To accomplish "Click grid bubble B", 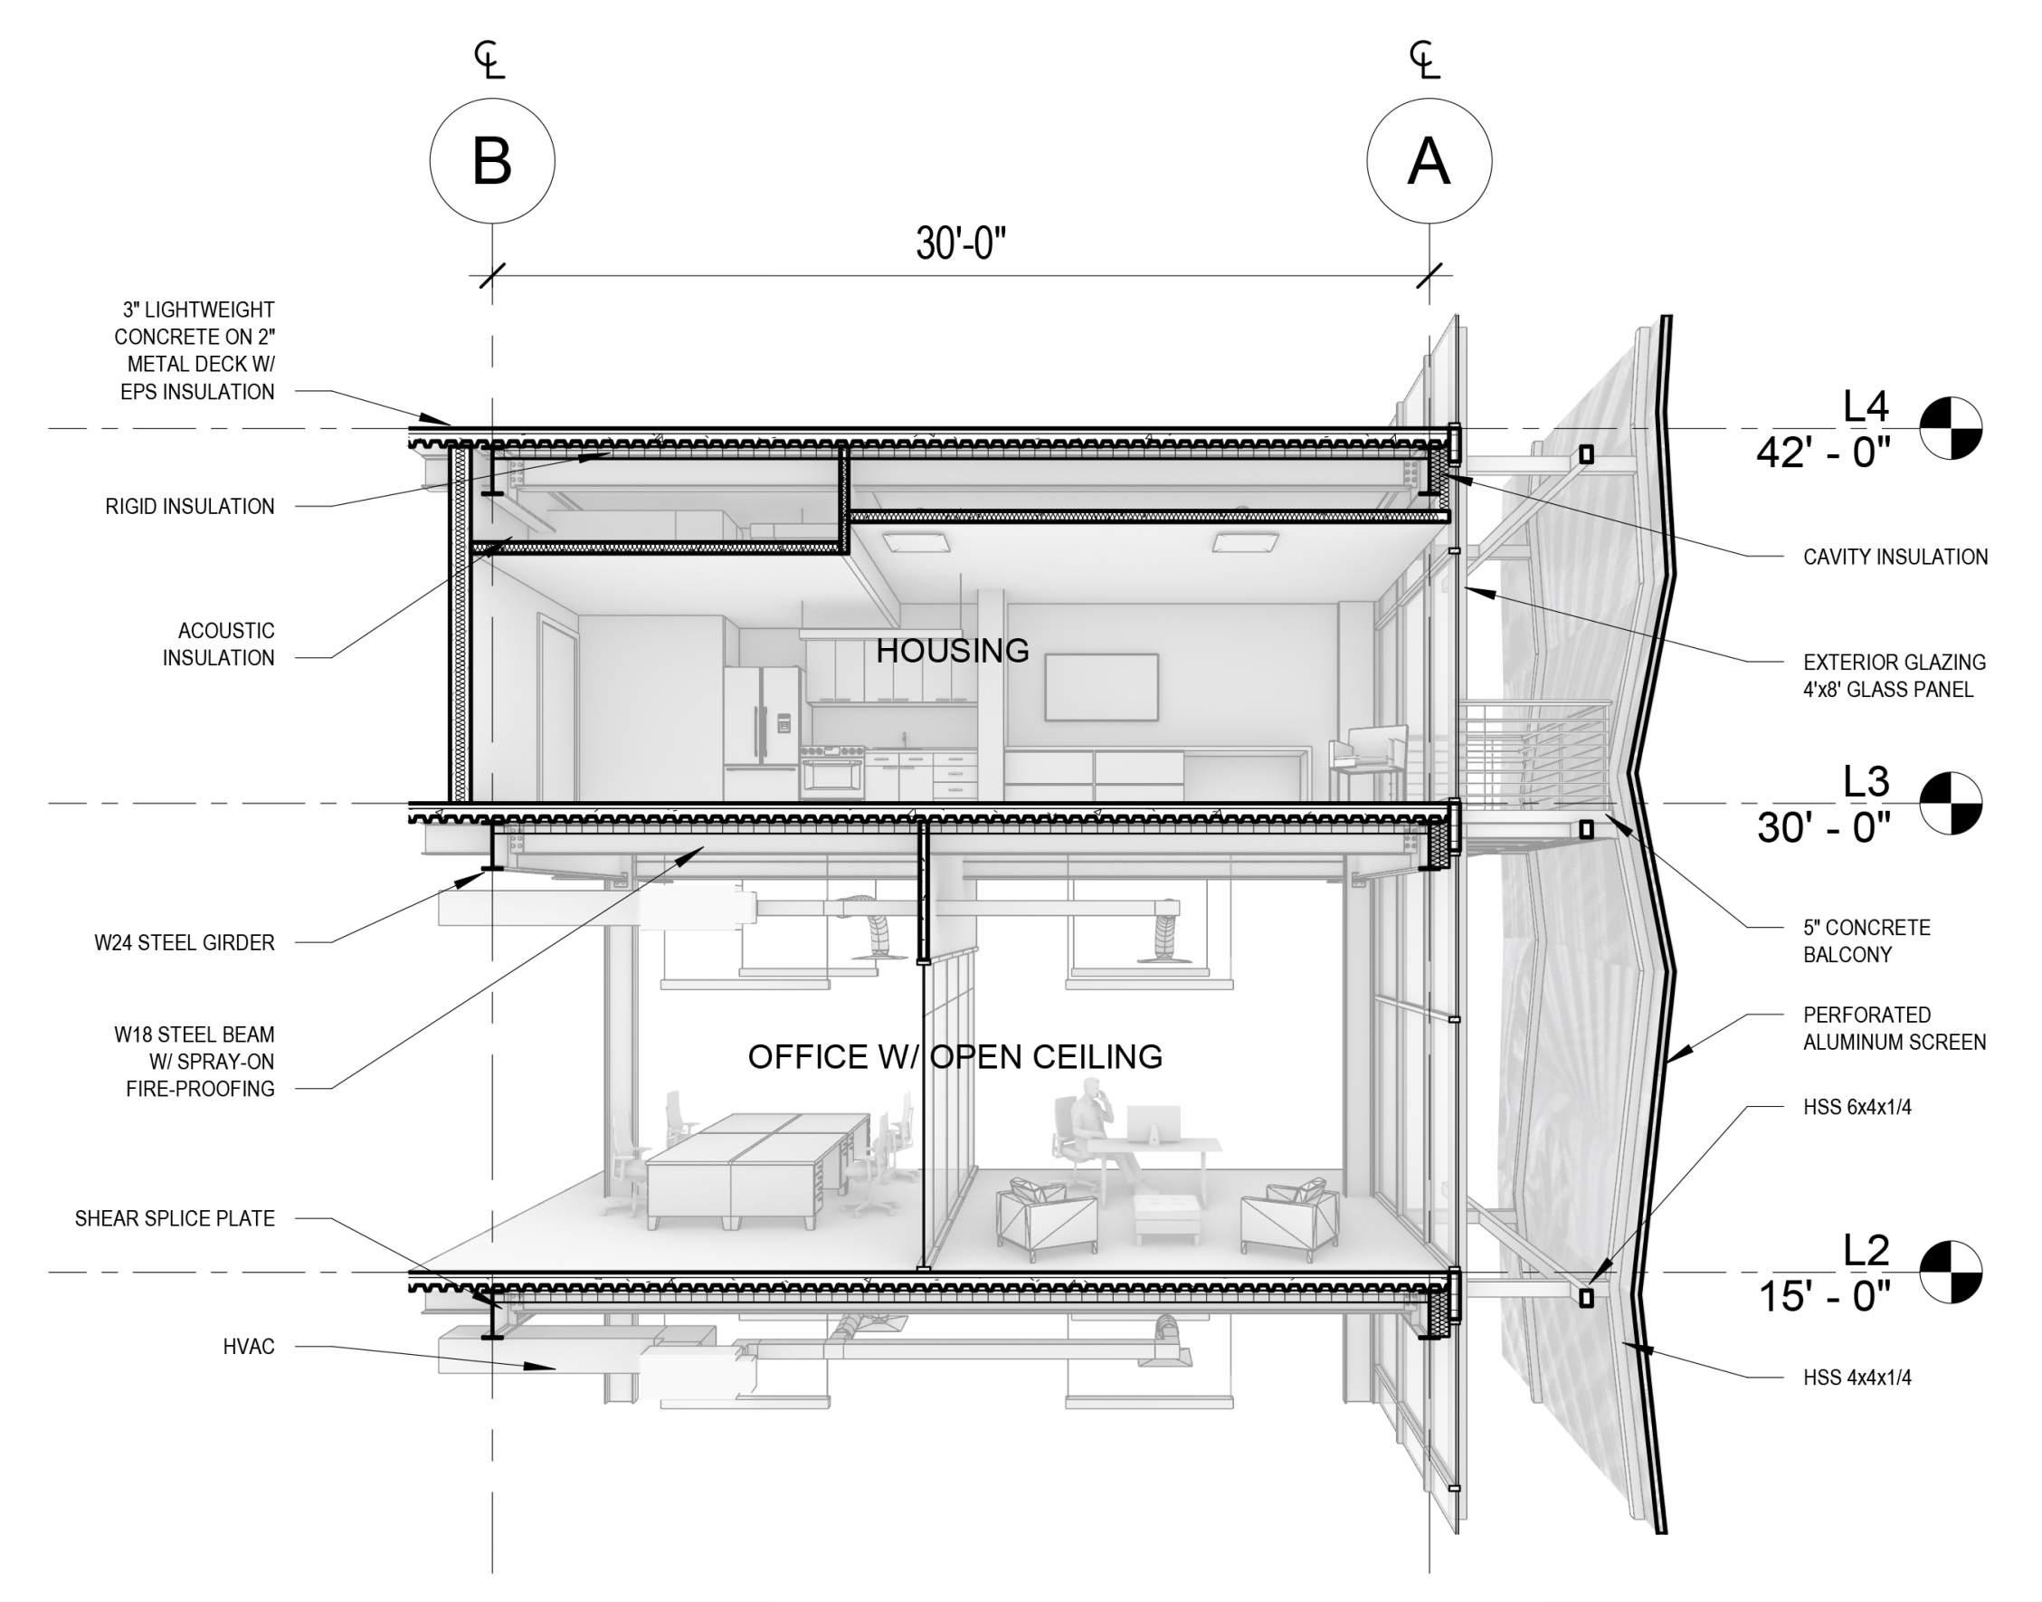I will [x=492, y=160].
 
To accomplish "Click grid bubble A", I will [x=1429, y=160].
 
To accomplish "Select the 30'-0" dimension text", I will [x=960, y=243].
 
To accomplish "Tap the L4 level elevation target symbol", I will [x=1950, y=428].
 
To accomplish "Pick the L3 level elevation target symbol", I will [x=1950, y=803].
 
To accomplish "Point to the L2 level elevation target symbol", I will [x=1950, y=1272].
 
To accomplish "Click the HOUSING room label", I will [x=953, y=650].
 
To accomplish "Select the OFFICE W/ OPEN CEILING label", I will [x=955, y=1057].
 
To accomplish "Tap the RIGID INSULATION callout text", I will [x=190, y=507].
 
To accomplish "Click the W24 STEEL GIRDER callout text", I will [x=185, y=942].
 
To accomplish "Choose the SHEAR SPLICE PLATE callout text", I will [x=176, y=1218].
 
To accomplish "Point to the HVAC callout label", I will [x=249, y=1347].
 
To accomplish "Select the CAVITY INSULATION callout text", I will [x=1895, y=558].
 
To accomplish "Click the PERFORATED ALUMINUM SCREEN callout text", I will [x=1894, y=1028].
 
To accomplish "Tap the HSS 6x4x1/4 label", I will [x=1857, y=1107].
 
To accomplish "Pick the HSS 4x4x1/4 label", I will [x=1857, y=1378].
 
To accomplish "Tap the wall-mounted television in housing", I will [x=1101, y=688].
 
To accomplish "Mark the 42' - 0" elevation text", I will [x=1824, y=453].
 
